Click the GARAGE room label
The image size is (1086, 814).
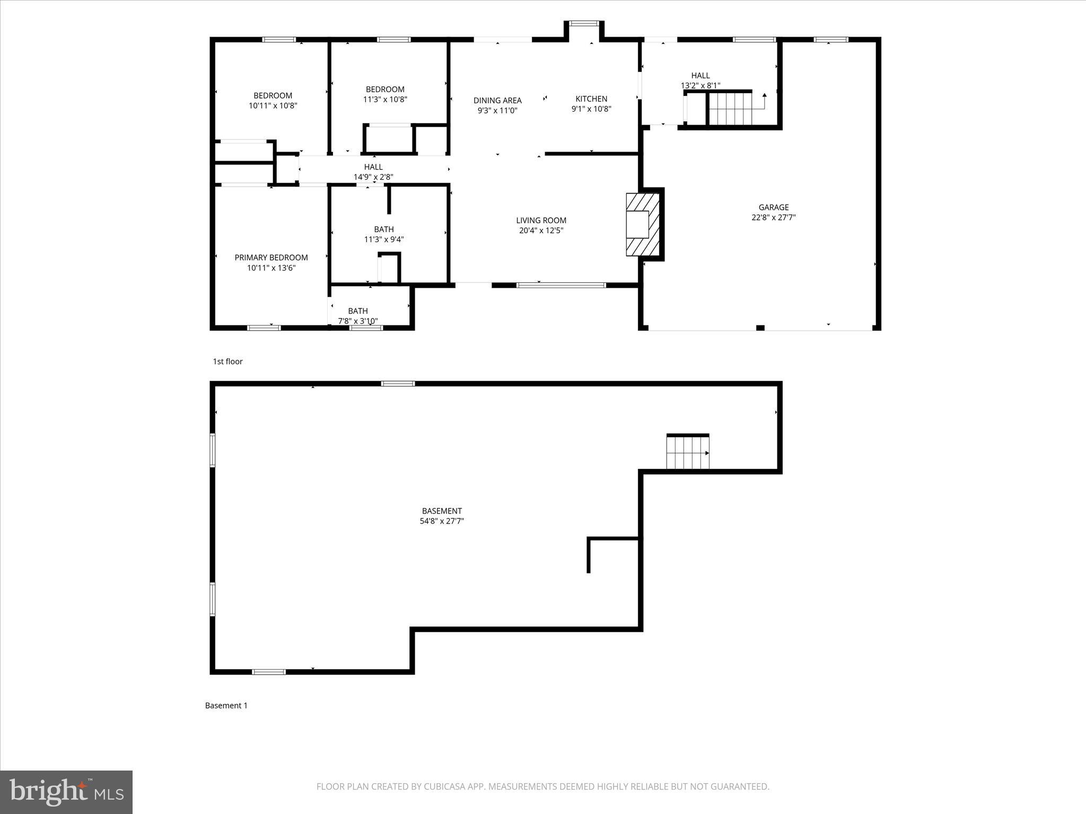point(773,207)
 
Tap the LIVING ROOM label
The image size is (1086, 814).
point(541,220)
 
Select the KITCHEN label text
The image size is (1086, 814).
point(591,99)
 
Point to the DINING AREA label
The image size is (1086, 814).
point(497,100)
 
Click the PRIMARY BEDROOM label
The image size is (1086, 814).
point(271,258)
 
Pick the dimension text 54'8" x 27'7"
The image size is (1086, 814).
point(442,521)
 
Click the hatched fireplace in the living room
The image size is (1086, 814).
point(643,224)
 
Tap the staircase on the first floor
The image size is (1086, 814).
point(730,109)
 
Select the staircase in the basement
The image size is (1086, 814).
point(688,452)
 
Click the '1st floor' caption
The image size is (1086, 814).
point(227,361)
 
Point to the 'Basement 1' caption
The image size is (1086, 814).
point(226,705)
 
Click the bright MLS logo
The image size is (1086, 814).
point(66,792)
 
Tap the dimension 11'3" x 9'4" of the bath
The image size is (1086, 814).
point(384,239)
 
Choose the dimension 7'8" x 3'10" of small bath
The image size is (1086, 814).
point(358,321)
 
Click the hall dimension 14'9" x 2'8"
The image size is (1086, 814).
point(373,177)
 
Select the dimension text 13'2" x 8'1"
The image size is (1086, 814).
point(700,85)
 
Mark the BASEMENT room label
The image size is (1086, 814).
point(442,511)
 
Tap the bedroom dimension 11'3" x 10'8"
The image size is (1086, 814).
point(385,99)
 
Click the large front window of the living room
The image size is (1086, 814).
point(561,285)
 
